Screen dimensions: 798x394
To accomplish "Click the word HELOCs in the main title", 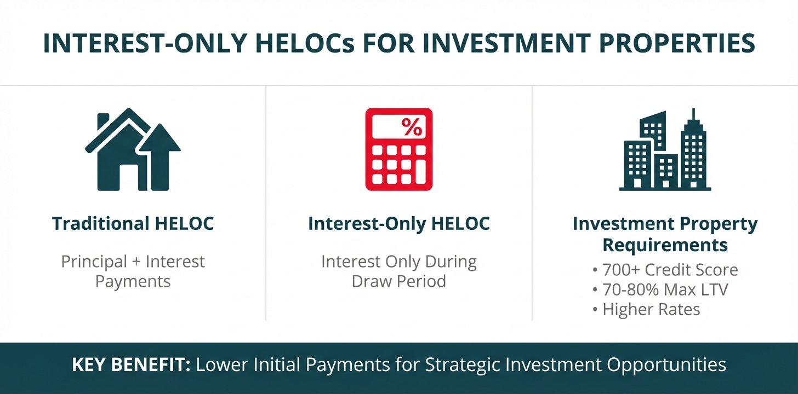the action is (x=305, y=43).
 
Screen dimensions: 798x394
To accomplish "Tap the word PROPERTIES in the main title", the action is (x=677, y=43).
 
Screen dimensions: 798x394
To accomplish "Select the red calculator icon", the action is (x=399, y=149).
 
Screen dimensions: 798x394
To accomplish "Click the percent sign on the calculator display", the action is (x=412, y=127).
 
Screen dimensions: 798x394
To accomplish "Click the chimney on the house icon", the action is (x=103, y=122).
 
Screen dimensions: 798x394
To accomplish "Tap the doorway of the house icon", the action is (x=129, y=177).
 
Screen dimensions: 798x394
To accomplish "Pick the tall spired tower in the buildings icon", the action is (x=693, y=149).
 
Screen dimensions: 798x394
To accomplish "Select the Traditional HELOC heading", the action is (x=133, y=224).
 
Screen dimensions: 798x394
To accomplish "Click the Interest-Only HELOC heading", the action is (x=399, y=224).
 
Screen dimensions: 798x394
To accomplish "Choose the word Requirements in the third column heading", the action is (x=665, y=245).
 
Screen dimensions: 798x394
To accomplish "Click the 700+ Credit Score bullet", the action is (x=665, y=270).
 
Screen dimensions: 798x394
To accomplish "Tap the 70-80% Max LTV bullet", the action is (x=660, y=289).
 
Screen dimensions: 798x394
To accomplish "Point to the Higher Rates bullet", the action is (x=646, y=309).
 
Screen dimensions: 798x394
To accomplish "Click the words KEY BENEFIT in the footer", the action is (x=131, y=364).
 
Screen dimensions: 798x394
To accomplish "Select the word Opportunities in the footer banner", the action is (x=666, y=365).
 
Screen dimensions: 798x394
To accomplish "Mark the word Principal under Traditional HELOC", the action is (x=94, y=262).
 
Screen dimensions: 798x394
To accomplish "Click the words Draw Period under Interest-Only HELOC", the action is (x=399, y=281).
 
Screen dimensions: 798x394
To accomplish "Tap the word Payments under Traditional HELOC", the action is (x=133, y=282).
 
